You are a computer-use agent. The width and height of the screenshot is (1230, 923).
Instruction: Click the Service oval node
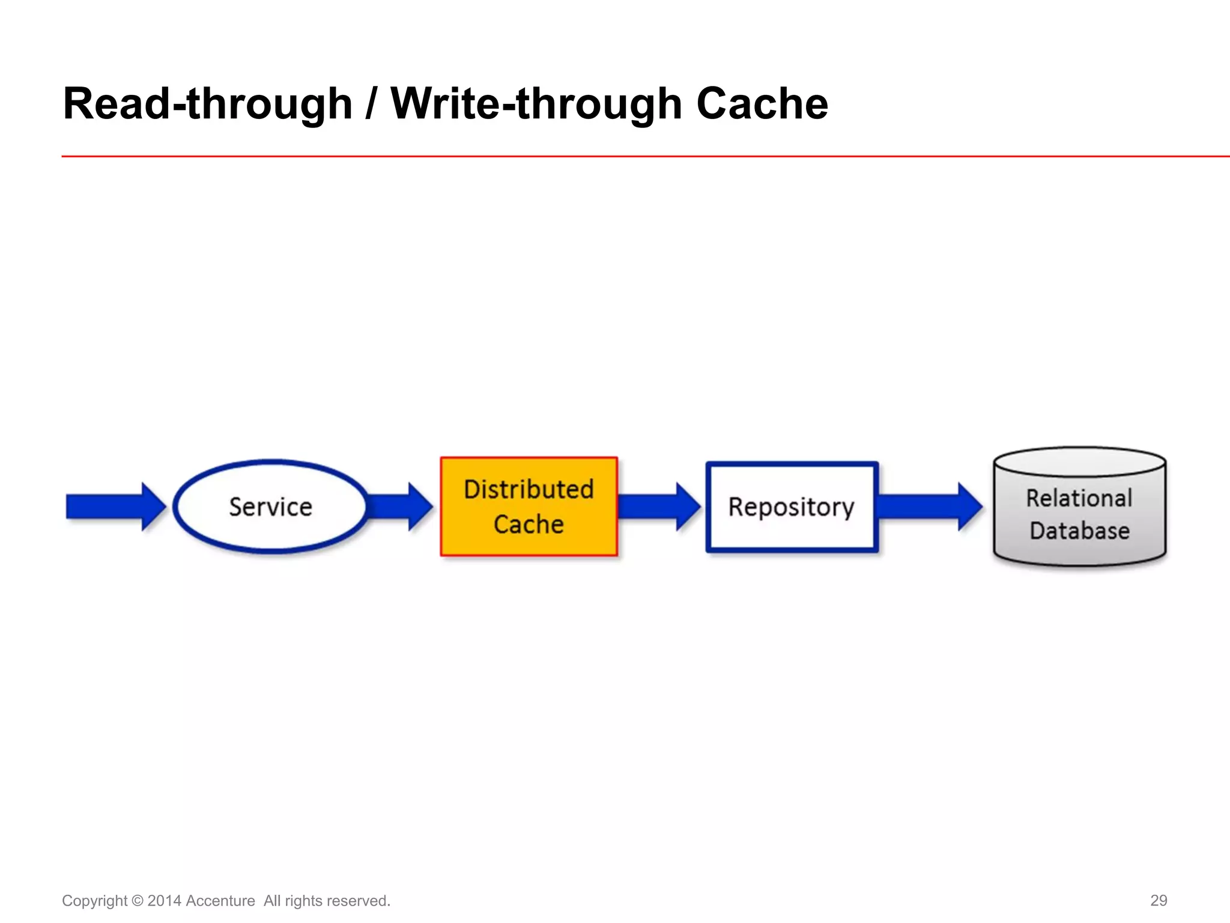[270, 507]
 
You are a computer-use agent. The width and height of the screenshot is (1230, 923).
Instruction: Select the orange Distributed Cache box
[529, 507]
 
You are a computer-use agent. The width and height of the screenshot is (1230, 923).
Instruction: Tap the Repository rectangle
[792, 507]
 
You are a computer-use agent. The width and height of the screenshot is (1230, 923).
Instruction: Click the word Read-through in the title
[207, 104]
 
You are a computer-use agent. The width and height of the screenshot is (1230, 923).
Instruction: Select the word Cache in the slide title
[762, 104]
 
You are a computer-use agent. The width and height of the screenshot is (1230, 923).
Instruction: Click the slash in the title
[371, 104]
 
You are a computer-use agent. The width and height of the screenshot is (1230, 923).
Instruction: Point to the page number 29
[1159, 900]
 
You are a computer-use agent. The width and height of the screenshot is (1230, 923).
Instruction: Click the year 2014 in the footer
[164, 901]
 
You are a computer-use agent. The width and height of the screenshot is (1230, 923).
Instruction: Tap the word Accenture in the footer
[220, 901]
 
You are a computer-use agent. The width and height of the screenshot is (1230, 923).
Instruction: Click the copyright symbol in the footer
[137, 901]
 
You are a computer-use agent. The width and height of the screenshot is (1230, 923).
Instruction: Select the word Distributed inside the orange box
[529, 489]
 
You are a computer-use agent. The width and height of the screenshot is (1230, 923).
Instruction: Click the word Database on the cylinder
[1079, 531]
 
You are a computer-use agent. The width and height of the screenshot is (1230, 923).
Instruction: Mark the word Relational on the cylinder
[1079, 498]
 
